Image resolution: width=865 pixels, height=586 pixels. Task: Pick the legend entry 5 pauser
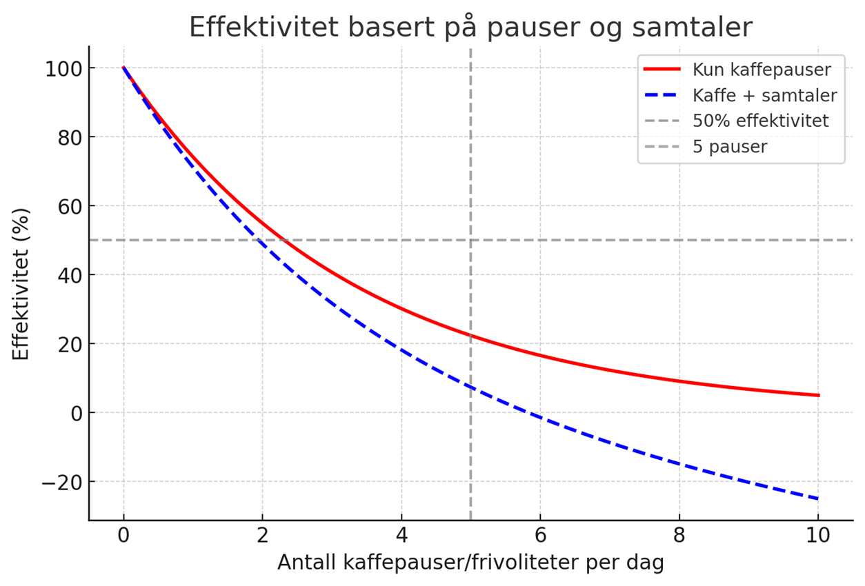(730, 147)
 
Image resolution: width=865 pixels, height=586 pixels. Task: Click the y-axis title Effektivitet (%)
(21, 283)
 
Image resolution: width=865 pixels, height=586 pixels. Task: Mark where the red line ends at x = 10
(818, 396)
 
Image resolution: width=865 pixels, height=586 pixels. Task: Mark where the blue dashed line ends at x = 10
(818, 498)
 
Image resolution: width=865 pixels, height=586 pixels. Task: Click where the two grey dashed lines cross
(470, 240)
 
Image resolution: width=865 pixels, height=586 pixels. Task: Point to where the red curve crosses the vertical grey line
(470, 336)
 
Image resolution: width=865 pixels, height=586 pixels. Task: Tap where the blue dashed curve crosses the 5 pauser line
(470, 387)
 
